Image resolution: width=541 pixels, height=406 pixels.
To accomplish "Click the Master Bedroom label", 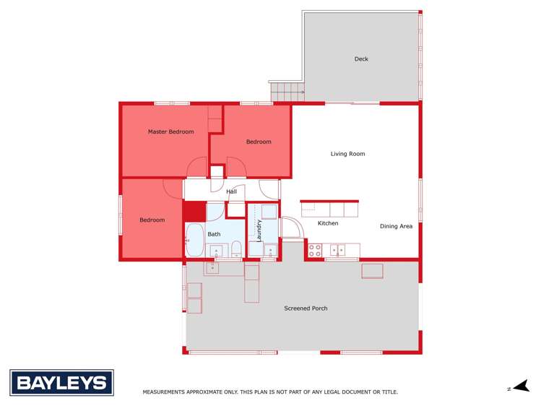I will [x=170, y=131].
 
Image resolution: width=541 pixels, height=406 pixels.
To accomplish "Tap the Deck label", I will [x=361, y=59].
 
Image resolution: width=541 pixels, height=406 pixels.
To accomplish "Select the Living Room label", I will [x=347, y=154].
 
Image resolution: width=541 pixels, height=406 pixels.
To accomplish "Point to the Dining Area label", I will [x=396, y=226].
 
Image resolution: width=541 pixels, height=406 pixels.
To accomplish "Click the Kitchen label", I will [x=328, y=223].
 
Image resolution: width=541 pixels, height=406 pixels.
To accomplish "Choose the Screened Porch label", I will [x=306, y=308].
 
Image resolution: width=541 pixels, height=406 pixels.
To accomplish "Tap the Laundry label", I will [x=259, y=230].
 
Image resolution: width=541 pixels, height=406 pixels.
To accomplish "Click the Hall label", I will [x=231, y=191].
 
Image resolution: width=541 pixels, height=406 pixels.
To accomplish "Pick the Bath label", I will [x=215, y=234].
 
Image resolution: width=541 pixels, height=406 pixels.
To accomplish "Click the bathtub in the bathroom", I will [x=194, y=240].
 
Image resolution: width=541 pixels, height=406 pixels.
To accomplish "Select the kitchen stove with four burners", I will [x=315, y=250].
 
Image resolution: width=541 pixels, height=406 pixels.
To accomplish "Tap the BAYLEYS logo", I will [x=61, y=383].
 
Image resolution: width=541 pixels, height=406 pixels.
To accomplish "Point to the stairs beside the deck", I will [x=287, y=92].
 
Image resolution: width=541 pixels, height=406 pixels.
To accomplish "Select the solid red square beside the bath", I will [x=194, y=212].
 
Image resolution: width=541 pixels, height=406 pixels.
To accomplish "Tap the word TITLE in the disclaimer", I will [x=389, y=392].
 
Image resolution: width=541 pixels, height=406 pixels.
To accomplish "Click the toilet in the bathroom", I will [x=236, y=250].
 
